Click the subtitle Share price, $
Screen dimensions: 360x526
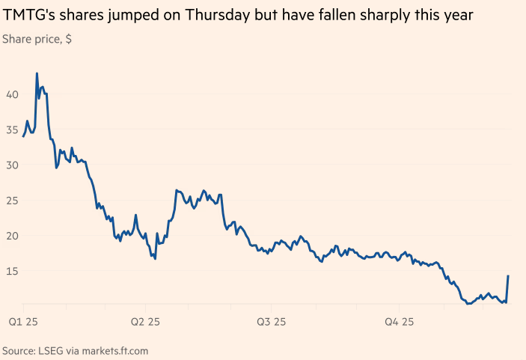[x=37, y=38]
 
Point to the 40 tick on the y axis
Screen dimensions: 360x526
[x=11, y=94]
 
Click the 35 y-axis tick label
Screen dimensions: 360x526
[x=11, y=129]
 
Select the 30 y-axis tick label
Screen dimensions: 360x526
[x=11, y=165]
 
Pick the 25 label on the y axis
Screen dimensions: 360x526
[x=11, y=200]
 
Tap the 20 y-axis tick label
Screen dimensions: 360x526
[x=11, y=236]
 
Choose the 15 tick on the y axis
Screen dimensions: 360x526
[x=11, y=271]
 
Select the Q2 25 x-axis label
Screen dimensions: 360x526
[x=145, y=322]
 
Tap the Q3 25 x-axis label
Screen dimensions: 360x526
[x=272, y=322]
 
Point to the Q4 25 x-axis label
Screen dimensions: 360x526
[x=399, y=322]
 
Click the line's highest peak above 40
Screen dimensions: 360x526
[x=37, y=73]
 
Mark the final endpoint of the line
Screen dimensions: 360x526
[x=508, y=276]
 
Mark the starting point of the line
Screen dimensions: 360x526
[x=23, y=136]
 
